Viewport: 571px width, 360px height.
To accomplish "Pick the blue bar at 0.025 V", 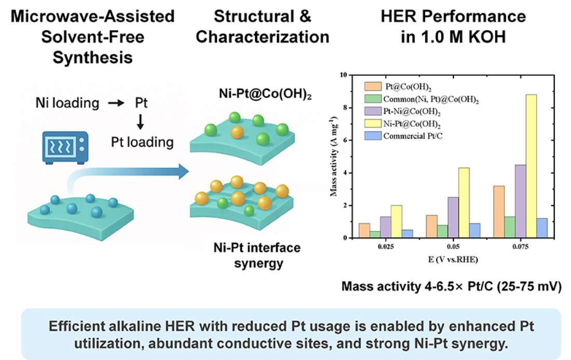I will [x=407, y=234].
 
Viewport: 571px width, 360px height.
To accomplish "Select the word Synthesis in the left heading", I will [x=93, y=57].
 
